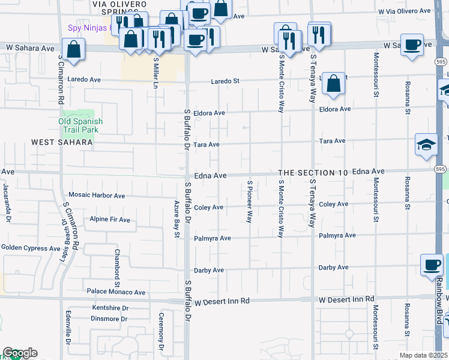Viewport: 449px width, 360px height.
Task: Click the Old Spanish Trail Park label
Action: (80, 125)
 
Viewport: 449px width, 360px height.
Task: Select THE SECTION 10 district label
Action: (313, 173)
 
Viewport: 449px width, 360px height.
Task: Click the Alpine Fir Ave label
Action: (109, 220)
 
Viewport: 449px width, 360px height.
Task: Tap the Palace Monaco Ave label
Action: (116, 292)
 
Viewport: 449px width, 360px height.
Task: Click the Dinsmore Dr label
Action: (109, 319)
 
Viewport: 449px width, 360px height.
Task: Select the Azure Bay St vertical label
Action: (177, 219)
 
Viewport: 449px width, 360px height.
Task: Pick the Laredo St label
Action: (224, 81)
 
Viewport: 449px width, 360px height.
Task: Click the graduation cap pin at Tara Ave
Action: (426, 145)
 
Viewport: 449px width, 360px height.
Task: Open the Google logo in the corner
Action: (20, 353)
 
